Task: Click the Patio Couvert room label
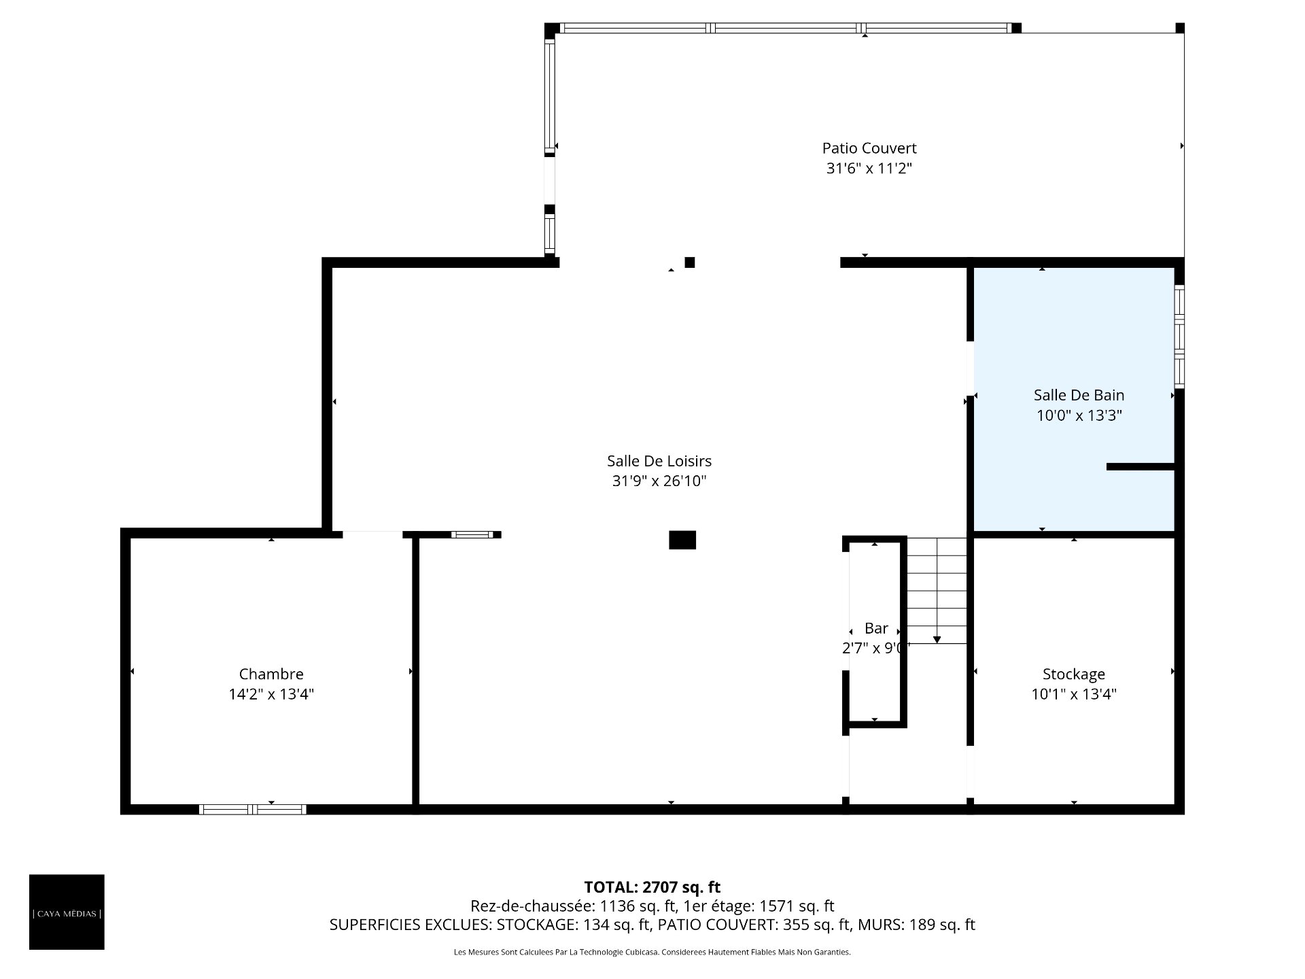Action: pyautogui.click(x=869, y=148)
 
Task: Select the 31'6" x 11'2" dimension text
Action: pyautogui.click(x=869, y=169)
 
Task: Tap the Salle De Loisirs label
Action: pyautogui.click(x=659, y=461)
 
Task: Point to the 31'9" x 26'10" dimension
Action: pyautogui.click(x=659, y=481)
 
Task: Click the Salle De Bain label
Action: pyautogui.click(x=1079, y=395)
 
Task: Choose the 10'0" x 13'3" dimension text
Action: pyautogui.click(x=1079, y=415)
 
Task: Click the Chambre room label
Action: pyautogui.click(x=271, y=674)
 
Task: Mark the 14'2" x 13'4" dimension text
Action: pyautogui.click(x=271, y=694)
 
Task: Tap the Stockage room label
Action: pyautogui.click(x=1074, y=674)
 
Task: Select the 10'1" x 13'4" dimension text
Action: pyautogui.click(x=1074, y=694)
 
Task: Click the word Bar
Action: pyautogui.click(x=876, y=628)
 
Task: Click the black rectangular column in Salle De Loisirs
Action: pyautogui.click(x=682, y=540)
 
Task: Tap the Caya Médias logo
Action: pyautogui.click(x=67, y=912)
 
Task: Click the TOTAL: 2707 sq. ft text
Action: pyautogui.click(x=652, y=887)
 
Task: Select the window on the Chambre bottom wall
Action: pyautogui.click(x=252, y=809)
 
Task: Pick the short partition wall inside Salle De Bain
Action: pyautogui.click(x=1141, y=466)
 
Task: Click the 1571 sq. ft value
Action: pyautogui.click(x=795, y=906)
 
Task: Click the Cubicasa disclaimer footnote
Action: pyautogui.click(x=652, y=952)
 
